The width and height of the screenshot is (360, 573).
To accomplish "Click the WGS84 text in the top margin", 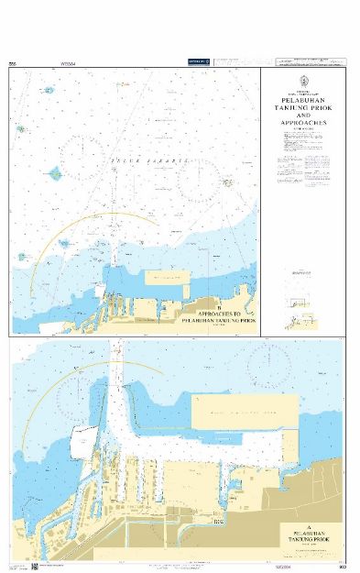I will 67,63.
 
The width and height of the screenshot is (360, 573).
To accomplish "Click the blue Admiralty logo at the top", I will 199,61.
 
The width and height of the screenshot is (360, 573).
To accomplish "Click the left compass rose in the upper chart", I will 84,158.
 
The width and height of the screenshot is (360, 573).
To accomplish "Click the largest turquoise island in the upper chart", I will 55,172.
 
